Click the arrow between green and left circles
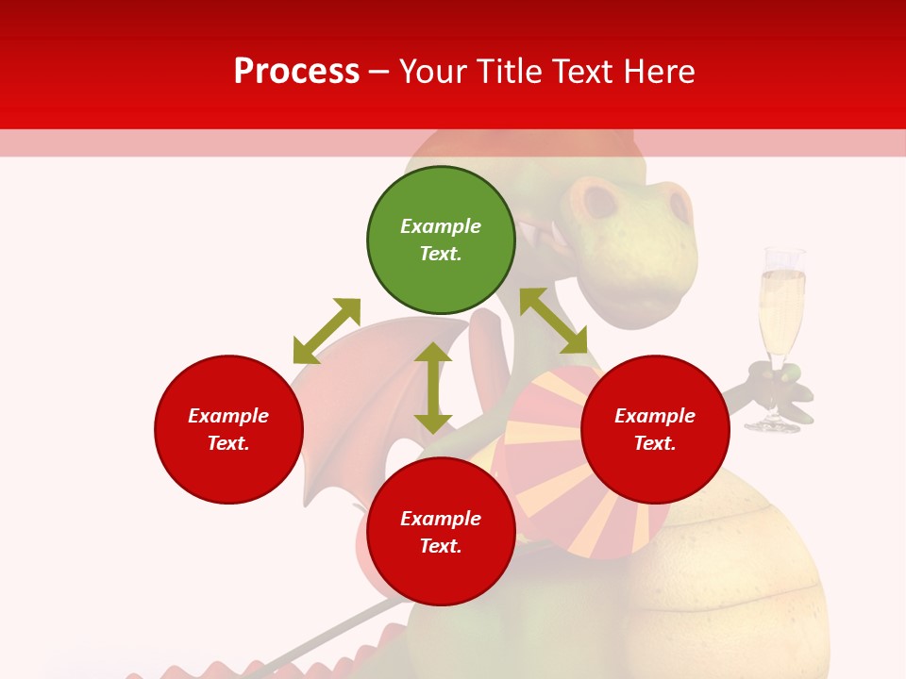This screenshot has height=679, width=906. click(327, 331)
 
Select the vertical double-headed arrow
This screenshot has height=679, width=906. click(433, 388)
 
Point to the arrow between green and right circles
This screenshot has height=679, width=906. click(553, 321)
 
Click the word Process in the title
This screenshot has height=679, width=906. click(296, 71)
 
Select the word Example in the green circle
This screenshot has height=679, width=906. click(441, 226)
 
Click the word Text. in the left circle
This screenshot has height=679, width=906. click(228, 443)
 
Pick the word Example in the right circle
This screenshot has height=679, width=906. click(655, 416)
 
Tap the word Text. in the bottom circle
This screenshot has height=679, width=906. click(441, 546)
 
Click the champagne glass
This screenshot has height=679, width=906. click(781, 311)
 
